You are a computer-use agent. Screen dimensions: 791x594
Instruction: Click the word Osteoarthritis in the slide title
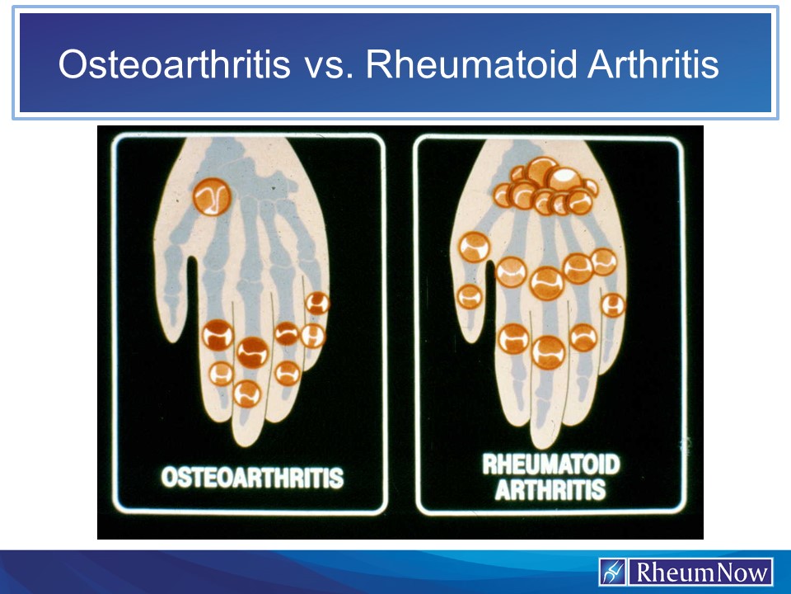click(x=175, y=64)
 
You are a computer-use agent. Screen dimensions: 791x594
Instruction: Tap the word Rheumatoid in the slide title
click(x=471, y=64)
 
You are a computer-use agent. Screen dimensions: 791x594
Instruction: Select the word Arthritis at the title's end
click(x=653, y=64)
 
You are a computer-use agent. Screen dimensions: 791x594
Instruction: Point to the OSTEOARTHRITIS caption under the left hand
click(x=252, y=478)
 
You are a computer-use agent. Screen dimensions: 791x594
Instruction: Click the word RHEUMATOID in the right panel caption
click(x=551, y=464)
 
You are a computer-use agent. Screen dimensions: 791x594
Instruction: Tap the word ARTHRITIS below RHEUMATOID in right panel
click(x=550, y=489)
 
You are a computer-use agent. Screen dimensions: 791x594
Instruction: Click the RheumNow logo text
click(x=702, y=573)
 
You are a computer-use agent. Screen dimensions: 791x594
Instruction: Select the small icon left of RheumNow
click(x=613, y=572)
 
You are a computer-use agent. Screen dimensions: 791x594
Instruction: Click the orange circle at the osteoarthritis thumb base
click(x=212, y=197)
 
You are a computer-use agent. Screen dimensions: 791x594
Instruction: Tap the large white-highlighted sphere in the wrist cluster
click(x=564, y=179)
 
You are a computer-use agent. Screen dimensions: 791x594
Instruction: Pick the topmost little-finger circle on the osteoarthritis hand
click(x=318, y=303)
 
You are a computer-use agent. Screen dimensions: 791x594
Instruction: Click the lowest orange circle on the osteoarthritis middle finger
click(x=247, y=394)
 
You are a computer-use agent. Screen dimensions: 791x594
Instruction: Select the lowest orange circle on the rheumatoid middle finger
click(x=549, y=352)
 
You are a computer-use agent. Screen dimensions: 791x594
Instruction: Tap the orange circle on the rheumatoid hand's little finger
click(x=613, y=305)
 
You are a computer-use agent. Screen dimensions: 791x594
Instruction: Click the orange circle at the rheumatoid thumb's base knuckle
click(x=475, y=247)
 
